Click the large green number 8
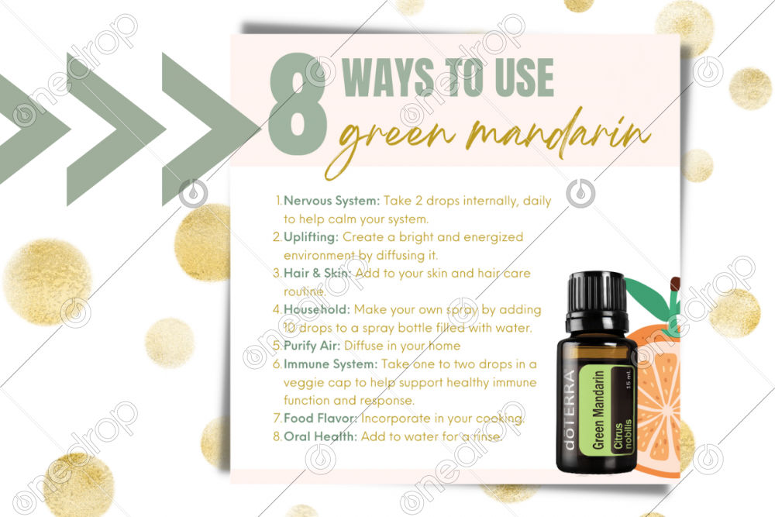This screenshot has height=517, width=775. point(298,105)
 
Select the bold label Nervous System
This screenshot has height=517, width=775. point(331,201)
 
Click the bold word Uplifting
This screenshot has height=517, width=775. point(311,237)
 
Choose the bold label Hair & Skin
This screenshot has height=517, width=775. point(317,274)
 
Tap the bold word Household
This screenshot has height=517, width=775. point(316,309)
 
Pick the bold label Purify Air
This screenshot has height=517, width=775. point(312,346)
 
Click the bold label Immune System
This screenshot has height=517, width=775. point(330,364)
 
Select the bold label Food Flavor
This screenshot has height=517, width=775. point(320,419)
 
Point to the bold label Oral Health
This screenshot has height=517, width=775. point(320,436)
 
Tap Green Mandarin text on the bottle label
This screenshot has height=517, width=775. point(598,410)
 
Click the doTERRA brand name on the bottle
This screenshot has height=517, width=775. point(570,410)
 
